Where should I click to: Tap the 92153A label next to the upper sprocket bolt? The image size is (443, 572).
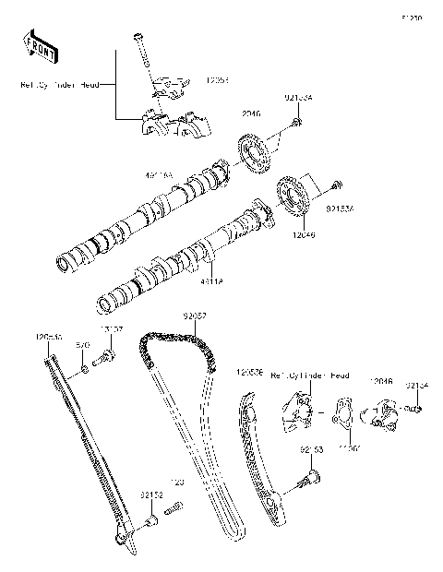pyautogui.click(x=297, y=96)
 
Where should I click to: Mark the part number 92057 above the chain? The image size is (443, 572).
pyautogui.click(x=194, y=316)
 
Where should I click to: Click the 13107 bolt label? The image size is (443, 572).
pyautogui.click(x=113, y=329)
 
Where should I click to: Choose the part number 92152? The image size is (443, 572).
pyautogui.click(x=152, y=495)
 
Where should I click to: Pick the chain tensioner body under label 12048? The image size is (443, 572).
pyautogui.click(x=381, y=412)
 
